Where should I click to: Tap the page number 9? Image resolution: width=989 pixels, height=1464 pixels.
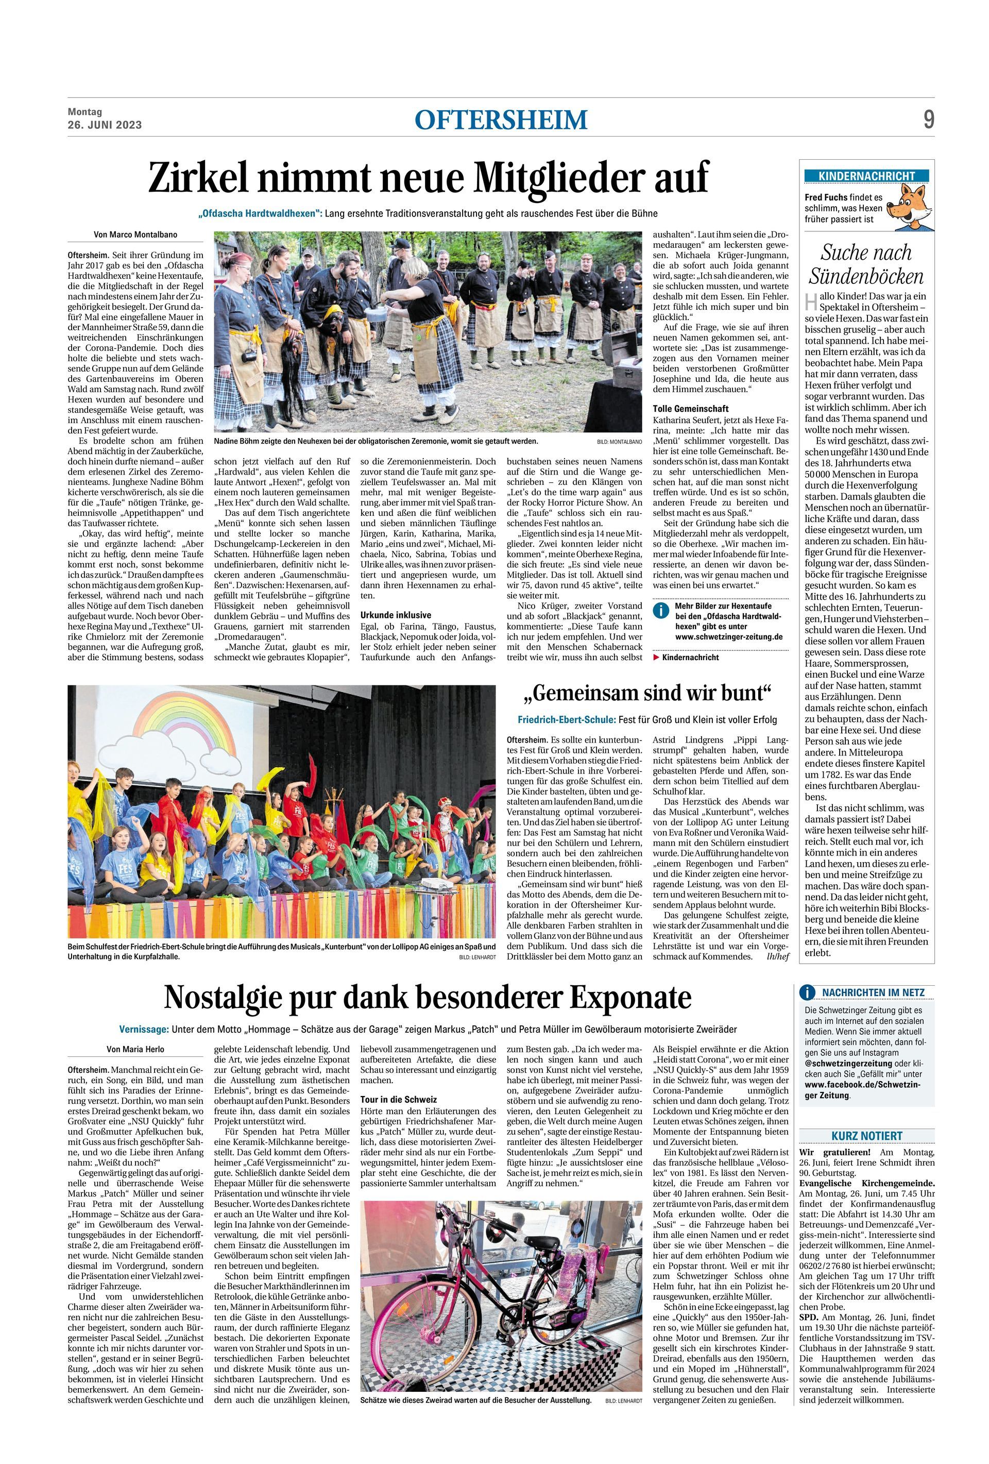coord(928,120)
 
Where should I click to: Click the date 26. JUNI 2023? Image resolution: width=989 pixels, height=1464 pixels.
coord(105,125)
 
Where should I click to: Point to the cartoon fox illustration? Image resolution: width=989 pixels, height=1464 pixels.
coord(912,207)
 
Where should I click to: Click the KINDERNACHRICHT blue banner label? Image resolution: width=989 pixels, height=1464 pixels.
coord(865,176)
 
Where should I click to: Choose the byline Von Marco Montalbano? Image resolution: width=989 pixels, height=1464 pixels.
coord(135,234)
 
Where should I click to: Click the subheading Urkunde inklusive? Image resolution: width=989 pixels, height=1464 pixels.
coord(396,614)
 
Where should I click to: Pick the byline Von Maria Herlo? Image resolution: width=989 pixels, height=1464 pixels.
coord(135,1049)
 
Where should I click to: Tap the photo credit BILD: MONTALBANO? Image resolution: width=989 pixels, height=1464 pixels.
coord(620,442)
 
